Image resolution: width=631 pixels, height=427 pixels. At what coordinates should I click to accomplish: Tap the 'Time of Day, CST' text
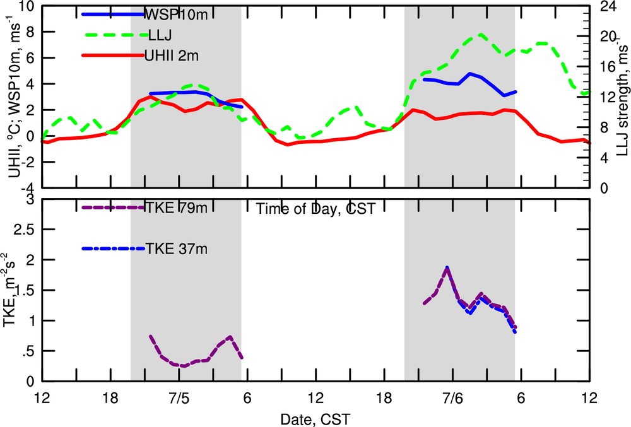315,209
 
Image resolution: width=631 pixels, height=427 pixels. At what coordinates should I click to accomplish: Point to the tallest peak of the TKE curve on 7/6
447,268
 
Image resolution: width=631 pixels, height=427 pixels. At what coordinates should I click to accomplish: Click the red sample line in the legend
114,56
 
